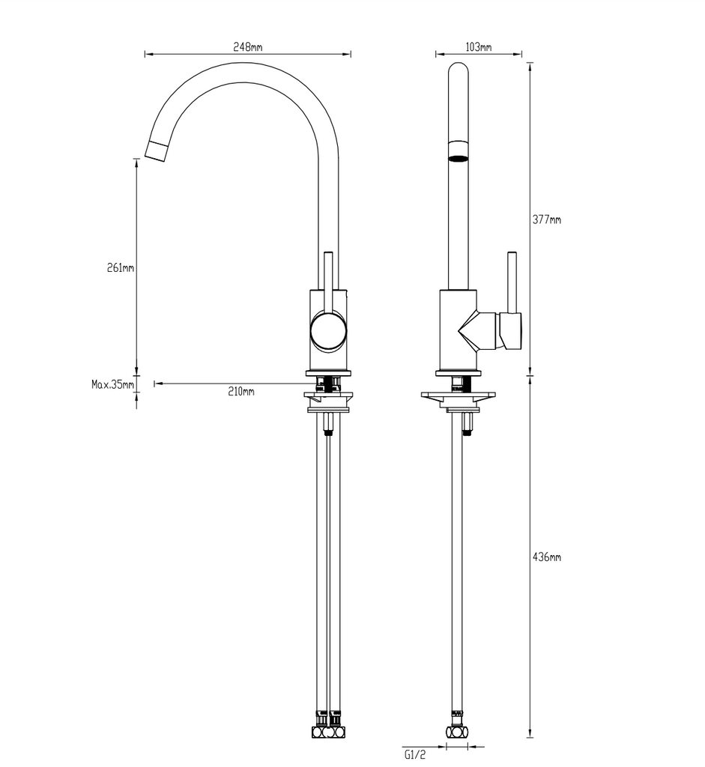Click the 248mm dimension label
[x=247, y=46]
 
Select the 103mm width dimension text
[x=478, y=46]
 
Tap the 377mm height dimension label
[x=546, y=219]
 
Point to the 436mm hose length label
[x=546, y=557]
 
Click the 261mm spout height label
[x=120, y=267]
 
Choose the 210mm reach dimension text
[x=241, y=392]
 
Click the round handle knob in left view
[x=329, y=331]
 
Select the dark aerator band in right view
[x=458, y=158]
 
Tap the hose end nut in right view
[x=456, y=731]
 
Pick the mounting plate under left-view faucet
[x=327, y=396]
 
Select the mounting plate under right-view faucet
[x=458, y=396]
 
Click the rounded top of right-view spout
[x=458, y=71]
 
